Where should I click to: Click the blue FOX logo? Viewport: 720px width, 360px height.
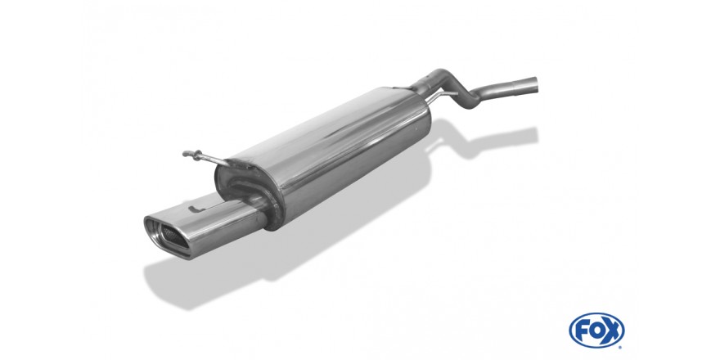coord(596,331)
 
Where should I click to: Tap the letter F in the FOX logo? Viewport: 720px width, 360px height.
coord(582,331)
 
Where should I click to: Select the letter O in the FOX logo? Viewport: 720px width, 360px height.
coord(596,331)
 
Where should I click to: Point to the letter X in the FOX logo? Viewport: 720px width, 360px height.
coord(612,331)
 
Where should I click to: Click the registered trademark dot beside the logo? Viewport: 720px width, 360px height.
coord(621,347)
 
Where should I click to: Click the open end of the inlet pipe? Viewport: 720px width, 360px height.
coord(535,84)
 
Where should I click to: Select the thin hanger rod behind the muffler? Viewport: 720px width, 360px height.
coord(440,96)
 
